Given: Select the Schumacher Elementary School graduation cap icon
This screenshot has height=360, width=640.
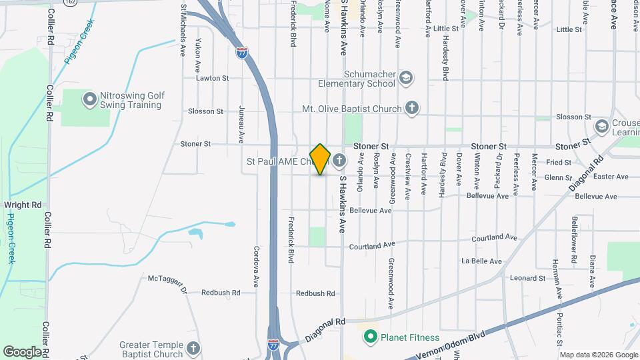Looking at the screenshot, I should [x=405, y=79].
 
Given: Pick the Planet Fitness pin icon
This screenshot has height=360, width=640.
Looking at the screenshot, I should [x=371, y=337].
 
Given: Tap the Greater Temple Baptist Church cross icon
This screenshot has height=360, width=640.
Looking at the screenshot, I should [x=193, y=348].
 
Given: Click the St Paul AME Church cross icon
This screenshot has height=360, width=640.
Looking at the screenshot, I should [x=339, y=160].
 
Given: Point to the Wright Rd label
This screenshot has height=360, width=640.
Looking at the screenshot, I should [x=22, y=205].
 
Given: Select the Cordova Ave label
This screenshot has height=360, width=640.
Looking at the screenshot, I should [x=256, y=267].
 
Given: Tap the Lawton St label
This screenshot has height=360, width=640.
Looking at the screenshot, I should [x=212, y=78].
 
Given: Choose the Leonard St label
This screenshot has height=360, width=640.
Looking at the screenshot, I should [x=527, y=278].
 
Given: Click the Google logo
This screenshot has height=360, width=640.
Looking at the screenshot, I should [x=22, y=351].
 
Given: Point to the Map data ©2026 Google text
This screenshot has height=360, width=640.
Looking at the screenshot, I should [x=597, y=355].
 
